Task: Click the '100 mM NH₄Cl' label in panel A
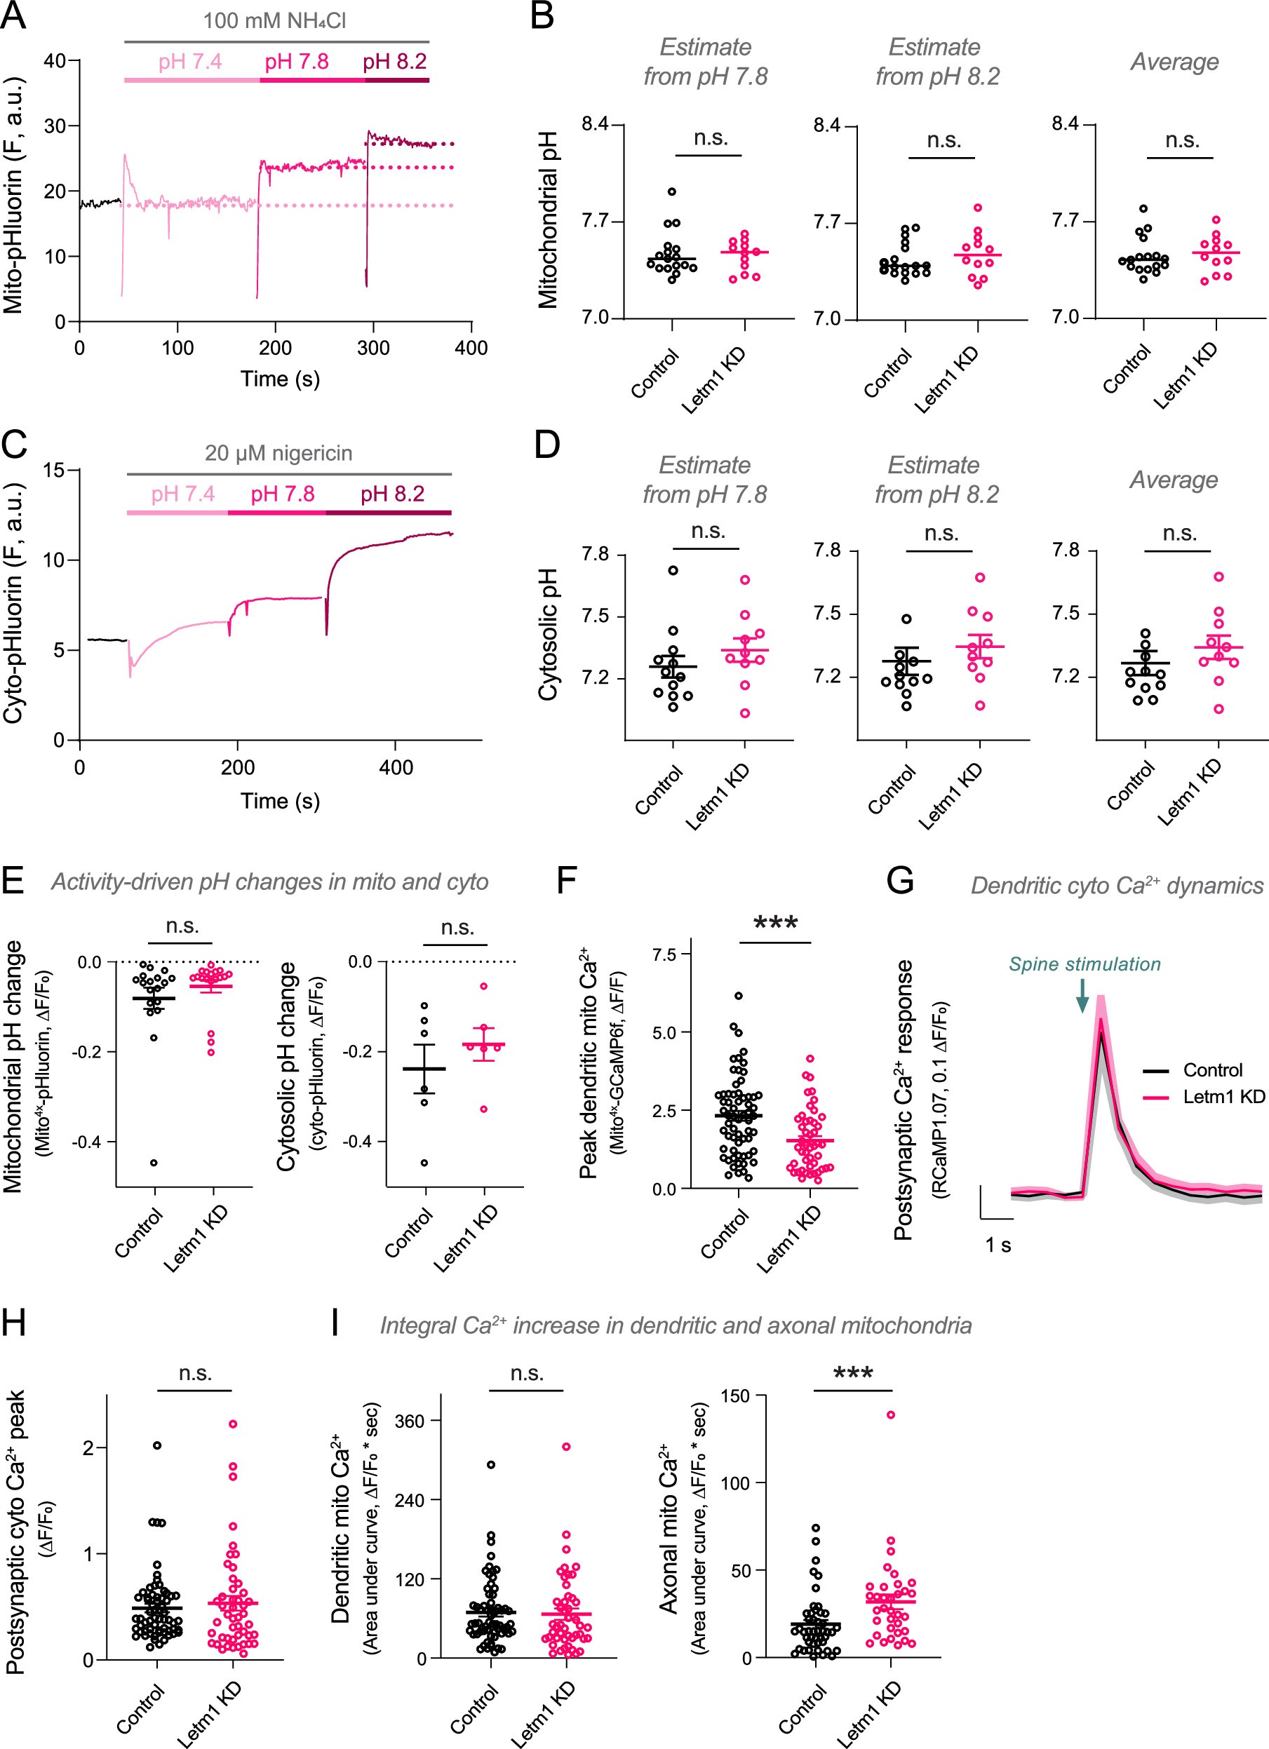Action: coord(274,21)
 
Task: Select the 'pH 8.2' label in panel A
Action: coord(394,62)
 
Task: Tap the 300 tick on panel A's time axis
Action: coord(373,348)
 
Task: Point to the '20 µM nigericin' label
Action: coord(278,454)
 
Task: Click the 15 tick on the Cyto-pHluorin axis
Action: coord(54,470)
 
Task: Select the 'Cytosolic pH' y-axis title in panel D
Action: coord(548,635)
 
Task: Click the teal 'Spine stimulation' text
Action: coord(1084,964)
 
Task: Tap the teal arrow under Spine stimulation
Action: coord(1082,996)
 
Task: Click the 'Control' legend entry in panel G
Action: coord(1212,1070)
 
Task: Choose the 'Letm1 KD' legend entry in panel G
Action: coord(1223,1097)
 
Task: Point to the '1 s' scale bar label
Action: coord(998,1245)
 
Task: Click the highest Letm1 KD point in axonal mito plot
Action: coord(890,1415)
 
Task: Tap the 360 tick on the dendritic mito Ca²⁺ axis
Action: coord(410,1422)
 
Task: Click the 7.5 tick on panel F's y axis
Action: coord(664,954)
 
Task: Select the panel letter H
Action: coord(13,1323)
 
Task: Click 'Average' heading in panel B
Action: coord(1174,62)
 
